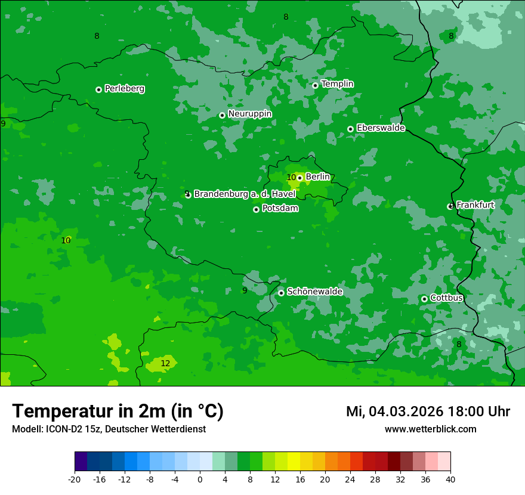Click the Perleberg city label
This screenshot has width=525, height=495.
pyautogui.click(x=124, y=89)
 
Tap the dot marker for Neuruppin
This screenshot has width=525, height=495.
pyautogui.click(x=222, y=115)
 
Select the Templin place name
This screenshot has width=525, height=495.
pyautogui.click(x=337, y=84)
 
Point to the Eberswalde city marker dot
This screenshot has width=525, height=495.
pyautogui.click(x=350, y=129)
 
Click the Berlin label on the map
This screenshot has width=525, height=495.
pyautogui.click(x=317, y=177)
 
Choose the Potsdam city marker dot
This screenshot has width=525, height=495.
pyautogui.click(x=256, y=209)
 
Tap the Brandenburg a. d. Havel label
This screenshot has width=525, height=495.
pyautogui.click(x=245, y=194)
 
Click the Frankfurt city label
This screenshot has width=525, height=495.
pyautogui.click(x=475, y=205)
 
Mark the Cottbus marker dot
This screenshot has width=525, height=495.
pyautogui.click(x=424, y=299)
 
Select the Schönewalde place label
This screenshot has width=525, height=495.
pyautogui.click(x=314, y=292)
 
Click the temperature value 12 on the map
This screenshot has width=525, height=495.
pyautogui.click(x=165, y=363)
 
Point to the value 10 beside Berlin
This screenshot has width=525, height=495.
pyautogui.click(x=291, y=178)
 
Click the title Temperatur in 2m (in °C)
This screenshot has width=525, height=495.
pyautogui.click(x=118, y=411)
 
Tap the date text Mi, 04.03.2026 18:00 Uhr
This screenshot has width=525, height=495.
pyautogui.click(x=428, y=412)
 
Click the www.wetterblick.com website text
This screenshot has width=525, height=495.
pyautogui.click(x=430, y=429)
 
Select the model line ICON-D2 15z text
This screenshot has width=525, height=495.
pyautogui.click(x=109, y=429)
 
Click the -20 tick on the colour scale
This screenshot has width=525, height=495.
pyautogui.click(x=75, y=479)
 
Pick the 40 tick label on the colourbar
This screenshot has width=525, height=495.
pyautogui.click(x=450, y=479)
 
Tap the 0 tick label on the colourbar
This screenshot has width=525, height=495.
pyautogui.click(x=200, y=479)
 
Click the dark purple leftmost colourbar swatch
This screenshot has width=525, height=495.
pyautogui.click(x=81, y=462)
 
